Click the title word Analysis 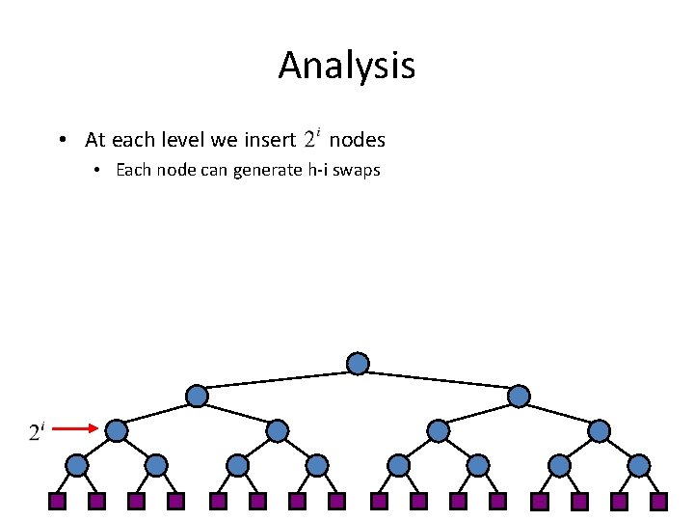coord(346,66)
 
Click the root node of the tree coord(358,364)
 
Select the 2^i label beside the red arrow coord(35,431)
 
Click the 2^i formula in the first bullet coord(311,139)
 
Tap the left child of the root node coord(197,396)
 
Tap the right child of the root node coord(519,396)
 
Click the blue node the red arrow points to coord(117,430)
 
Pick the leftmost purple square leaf coord(57,501)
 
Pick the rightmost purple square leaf coord(658,501)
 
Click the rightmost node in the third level coord(599,430)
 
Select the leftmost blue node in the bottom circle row coord(76,465)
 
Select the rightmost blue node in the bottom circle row coord(639,465)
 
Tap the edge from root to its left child coord(278,379)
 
